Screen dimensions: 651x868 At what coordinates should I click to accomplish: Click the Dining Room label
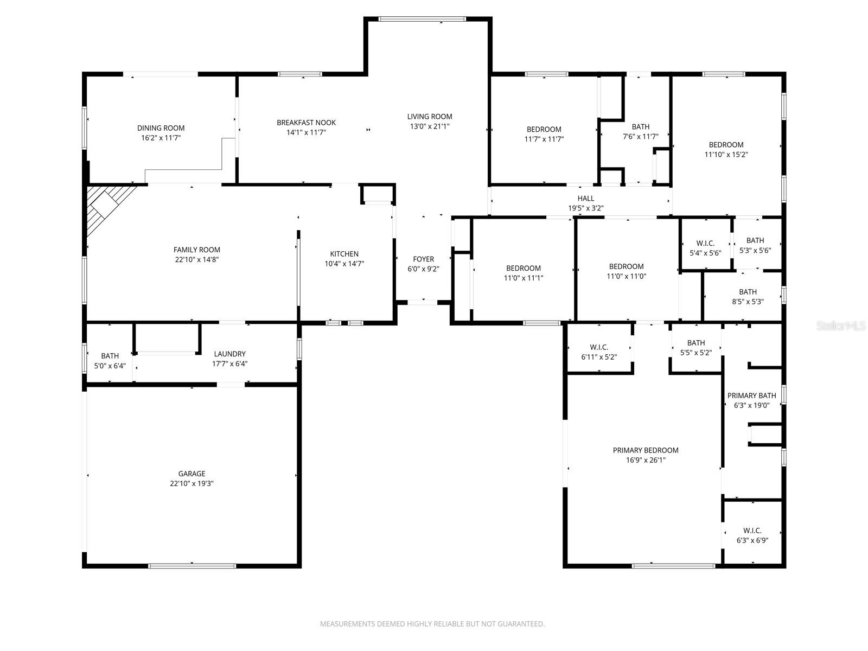[x=161, y=129]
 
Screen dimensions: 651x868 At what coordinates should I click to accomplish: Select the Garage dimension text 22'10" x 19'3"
[x=192, y=483]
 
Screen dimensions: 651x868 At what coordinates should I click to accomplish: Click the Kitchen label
[x=344, y=254]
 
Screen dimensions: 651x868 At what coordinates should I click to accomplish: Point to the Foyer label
[x=423, y=259]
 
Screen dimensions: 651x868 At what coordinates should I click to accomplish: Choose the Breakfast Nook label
[x=306, y=123]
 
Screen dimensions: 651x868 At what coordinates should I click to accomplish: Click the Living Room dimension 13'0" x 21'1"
[x=430, y=126]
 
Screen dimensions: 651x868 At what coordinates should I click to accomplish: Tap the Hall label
[x=585, y=199]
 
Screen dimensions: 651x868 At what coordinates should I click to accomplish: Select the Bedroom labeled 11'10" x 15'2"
[x=726, y=145]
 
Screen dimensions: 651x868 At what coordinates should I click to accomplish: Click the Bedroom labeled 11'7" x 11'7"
[x=544, y=130]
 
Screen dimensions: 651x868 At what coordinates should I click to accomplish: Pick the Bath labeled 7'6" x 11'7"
[x=640, y=127]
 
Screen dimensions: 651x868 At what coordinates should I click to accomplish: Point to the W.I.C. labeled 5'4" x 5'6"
[x=705, y=244]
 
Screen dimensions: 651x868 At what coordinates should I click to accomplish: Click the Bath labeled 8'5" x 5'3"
[x=748, y=292]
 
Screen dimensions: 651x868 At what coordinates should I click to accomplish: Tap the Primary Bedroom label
[x=646, y=450]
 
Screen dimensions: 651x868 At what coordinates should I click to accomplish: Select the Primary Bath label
[x=751, y=395]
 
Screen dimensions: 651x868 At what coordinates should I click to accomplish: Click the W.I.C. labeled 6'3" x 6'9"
[x=752, y=531]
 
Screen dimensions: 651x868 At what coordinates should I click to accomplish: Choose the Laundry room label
[x=229, y=354]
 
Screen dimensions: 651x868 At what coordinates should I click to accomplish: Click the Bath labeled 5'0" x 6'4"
[x=110, y=356]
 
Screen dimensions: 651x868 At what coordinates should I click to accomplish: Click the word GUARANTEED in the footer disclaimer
[x=520, y=624]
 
